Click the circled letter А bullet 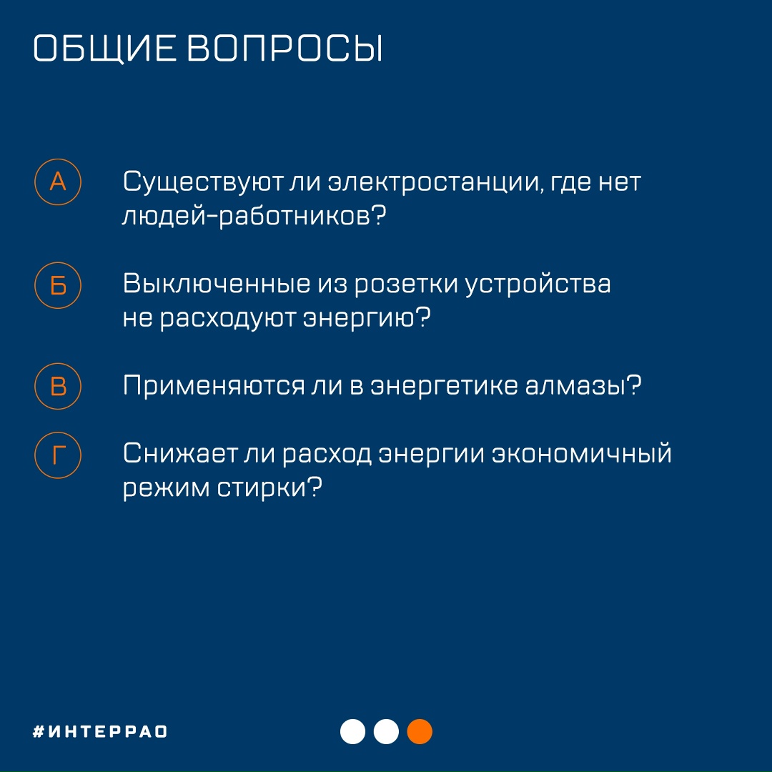click(58, 182)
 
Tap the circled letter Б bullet click(58, 286)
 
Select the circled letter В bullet click(58, 387)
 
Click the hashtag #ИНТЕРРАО click(101, 732)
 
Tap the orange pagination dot click(420, 731)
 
